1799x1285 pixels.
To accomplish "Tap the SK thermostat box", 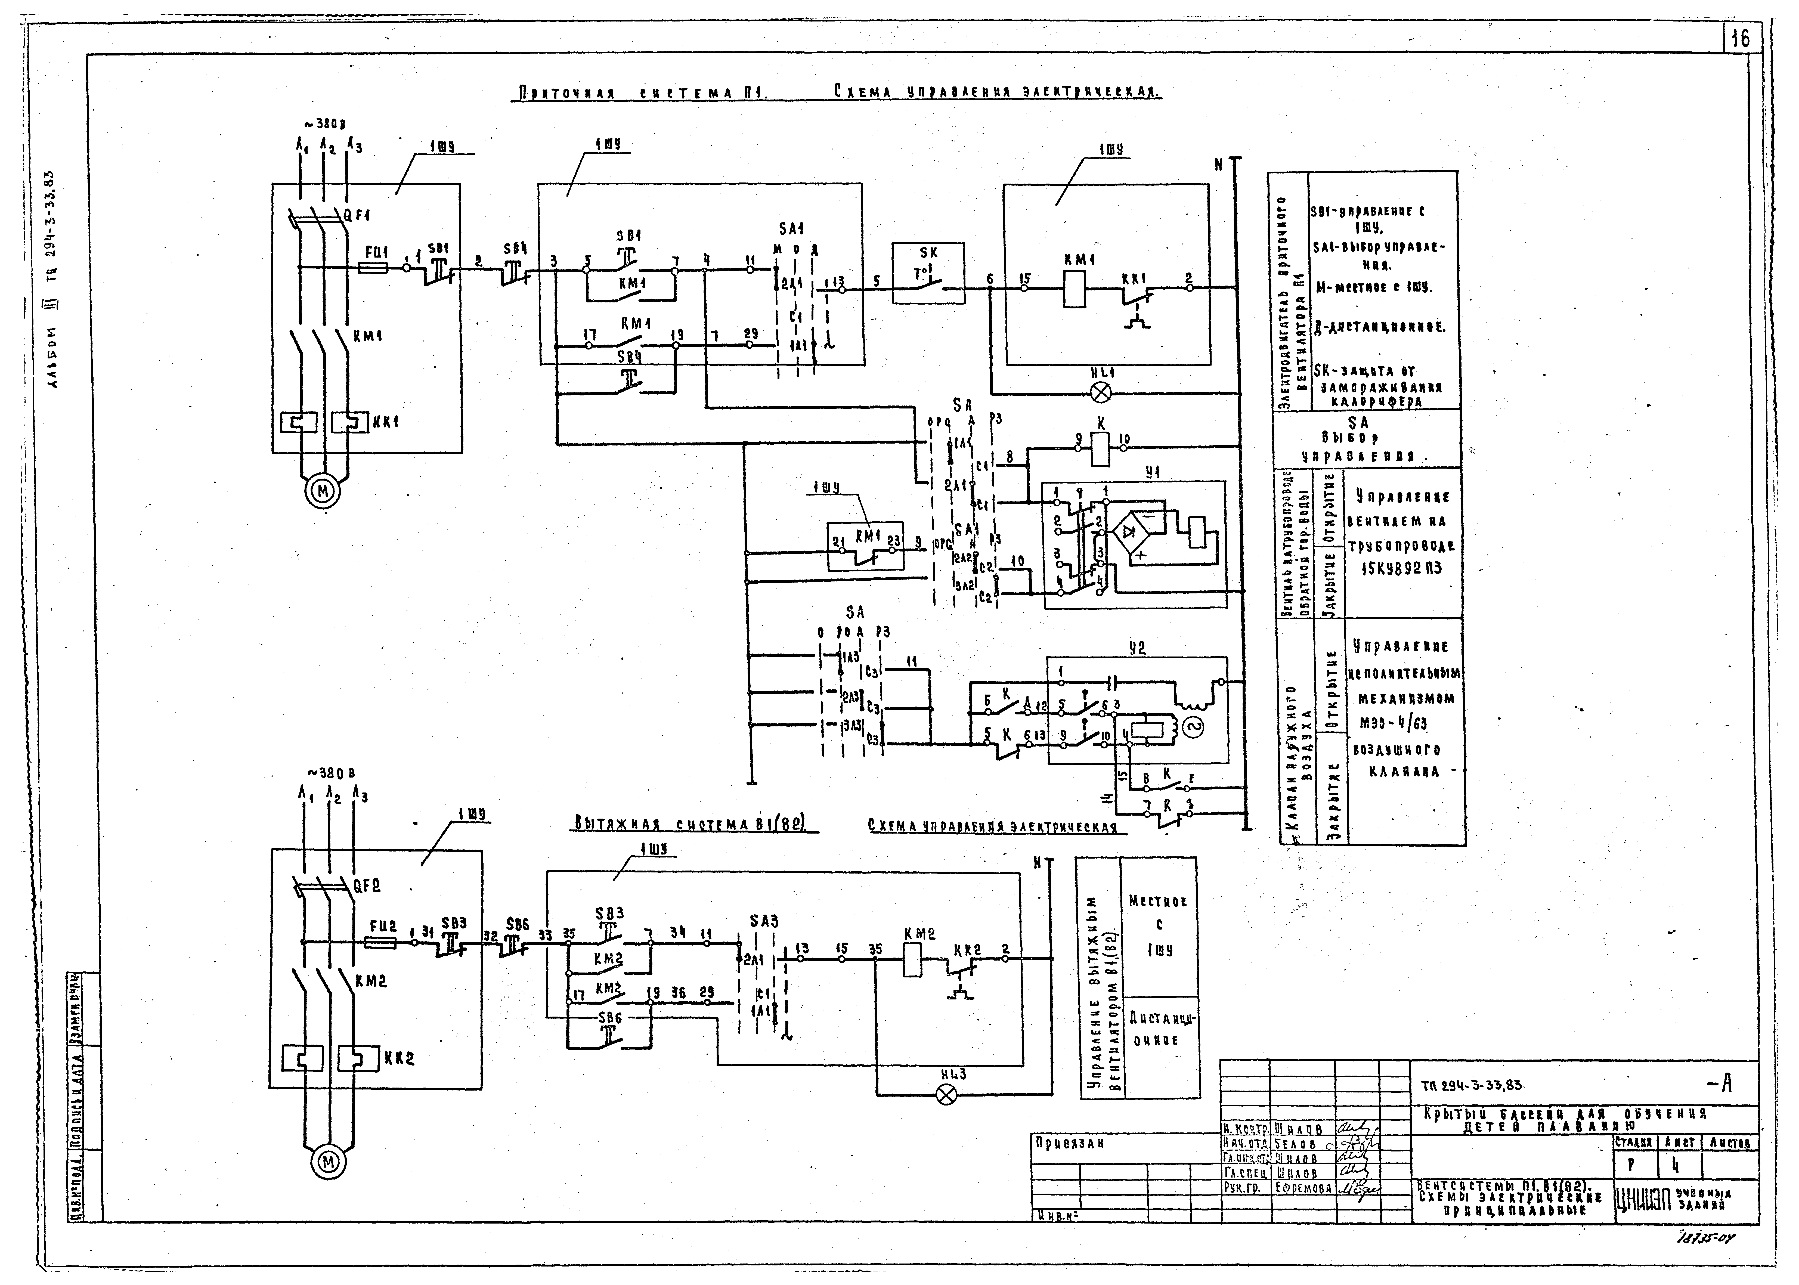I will [x=928, y=273].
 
